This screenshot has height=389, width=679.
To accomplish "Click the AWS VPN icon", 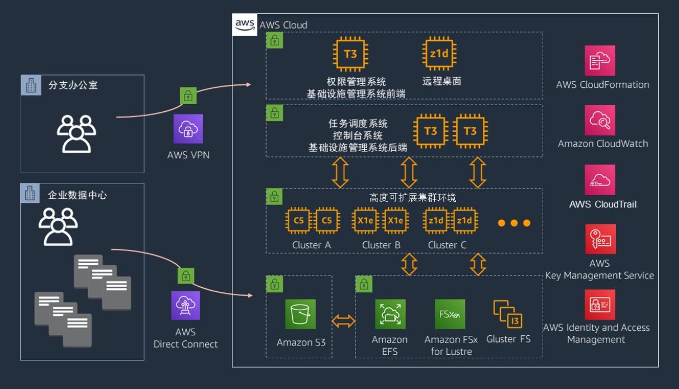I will coord(188,129).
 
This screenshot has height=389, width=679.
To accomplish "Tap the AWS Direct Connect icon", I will coord(186,306).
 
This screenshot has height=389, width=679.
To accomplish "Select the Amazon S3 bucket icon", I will coord(300,315).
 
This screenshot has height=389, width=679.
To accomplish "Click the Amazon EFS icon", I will coord(390,314).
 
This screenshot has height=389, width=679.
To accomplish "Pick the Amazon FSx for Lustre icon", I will coord(450,314).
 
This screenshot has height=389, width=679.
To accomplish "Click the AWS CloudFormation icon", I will coord(600,61).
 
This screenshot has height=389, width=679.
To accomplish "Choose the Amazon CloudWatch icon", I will coord(600,120).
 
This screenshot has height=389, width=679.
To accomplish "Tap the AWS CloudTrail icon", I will coord(600,179).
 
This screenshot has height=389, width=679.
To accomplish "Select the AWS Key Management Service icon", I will coord(600,239).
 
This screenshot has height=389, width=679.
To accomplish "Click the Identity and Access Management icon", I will coord(600,304).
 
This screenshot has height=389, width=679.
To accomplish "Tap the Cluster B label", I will coord(381,245).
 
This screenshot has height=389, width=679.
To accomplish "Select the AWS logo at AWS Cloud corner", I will coord(245,25).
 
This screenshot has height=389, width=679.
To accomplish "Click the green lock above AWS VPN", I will coord(188,95).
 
